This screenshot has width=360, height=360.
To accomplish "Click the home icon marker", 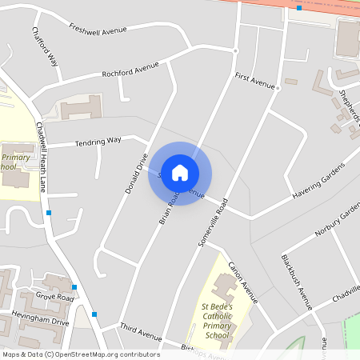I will coord(180,173).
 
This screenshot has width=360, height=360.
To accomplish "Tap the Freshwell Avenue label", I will coord(98,30).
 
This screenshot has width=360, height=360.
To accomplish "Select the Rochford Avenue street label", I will coord(130,70).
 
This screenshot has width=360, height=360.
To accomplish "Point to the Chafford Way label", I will coord(45,47).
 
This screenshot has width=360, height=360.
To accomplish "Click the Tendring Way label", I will coord(98,142).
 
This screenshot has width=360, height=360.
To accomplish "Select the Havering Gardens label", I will coord(318,182).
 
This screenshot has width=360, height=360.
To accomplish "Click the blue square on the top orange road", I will coord(299,8).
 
